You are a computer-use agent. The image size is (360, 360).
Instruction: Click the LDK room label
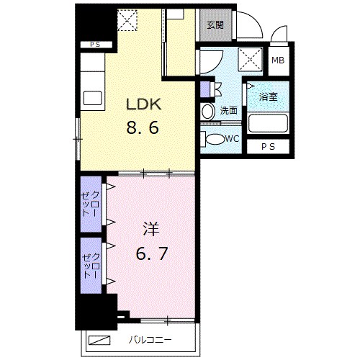point(143,104)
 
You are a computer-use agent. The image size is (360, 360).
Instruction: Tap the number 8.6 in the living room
point(143,127)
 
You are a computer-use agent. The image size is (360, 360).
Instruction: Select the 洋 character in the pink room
point(151,229)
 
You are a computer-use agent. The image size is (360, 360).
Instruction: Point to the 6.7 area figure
point(152,253)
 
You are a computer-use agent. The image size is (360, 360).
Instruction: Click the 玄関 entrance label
point(215,25)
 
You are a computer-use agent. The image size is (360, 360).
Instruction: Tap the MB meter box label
point(278,60)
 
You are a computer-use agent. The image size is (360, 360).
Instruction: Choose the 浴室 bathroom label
point(268,96)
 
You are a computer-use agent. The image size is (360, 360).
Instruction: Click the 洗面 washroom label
point(229,110)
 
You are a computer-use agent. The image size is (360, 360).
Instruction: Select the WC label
point(233,138)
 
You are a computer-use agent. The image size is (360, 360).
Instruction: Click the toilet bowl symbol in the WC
point(215,139)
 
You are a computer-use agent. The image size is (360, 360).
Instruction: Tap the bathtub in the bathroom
point(268,123)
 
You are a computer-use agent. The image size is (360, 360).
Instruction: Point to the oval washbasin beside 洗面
point(208,112)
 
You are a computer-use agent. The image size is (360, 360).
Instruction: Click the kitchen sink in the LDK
point(92,98)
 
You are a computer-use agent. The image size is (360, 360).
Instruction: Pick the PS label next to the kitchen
point(95,45)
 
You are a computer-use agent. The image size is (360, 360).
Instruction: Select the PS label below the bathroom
point(268,147)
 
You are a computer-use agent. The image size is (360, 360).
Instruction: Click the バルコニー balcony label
point(150,340)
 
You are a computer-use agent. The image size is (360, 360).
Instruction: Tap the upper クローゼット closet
point(91,204)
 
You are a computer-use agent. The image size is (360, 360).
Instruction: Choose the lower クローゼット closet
point(91,266)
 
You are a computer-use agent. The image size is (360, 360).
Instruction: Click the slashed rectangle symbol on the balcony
point(99,340)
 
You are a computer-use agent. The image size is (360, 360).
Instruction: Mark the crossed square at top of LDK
point(127,20)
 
